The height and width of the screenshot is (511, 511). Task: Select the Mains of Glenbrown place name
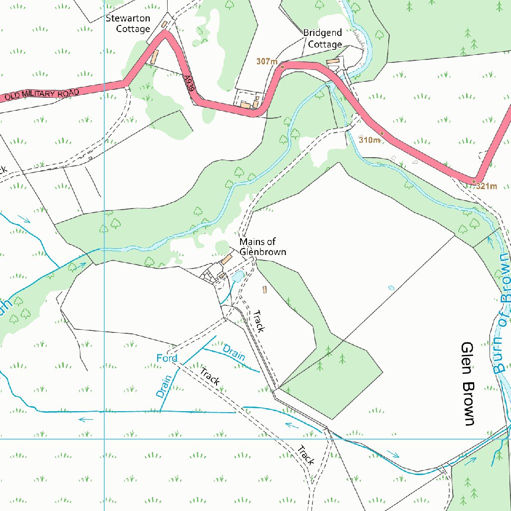point(262,247)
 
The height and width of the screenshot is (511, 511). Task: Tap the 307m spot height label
point(266,61)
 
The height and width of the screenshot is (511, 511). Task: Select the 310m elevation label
point(369,140)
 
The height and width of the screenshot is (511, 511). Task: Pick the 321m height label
point(487,187)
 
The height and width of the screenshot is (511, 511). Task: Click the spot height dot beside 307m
point(282,66)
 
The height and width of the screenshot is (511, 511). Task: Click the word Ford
point(167,358)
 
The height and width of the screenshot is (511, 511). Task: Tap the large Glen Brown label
point(468,384)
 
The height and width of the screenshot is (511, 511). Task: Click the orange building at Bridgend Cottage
point(332,61)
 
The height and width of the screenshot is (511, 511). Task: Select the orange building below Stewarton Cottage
point(155,56)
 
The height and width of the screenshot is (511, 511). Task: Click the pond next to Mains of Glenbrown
point(239,275)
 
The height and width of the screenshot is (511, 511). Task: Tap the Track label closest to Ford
point(210,376)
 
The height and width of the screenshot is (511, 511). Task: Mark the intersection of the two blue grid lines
point(104,440)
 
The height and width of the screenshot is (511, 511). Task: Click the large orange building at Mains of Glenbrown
point(227,259)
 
